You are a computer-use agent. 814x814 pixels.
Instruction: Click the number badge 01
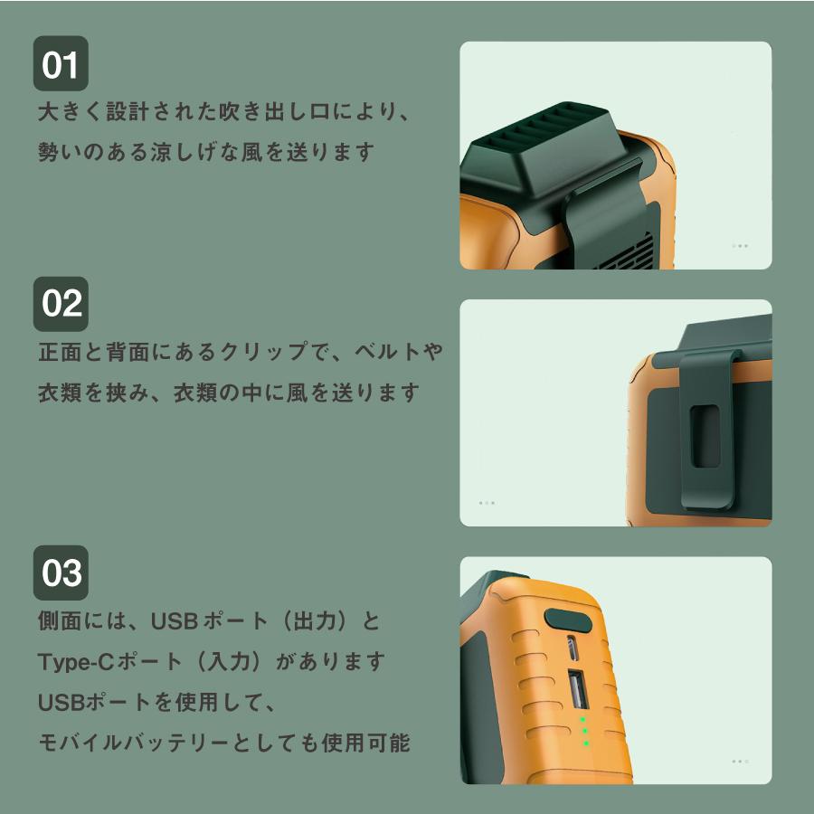(x=61, y=64)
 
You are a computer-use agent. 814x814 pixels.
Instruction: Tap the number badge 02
(x=61, y=304)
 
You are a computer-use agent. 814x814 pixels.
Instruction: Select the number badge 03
(x=61, y=573)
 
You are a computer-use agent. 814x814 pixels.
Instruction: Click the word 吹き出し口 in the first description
(x=277, y=112)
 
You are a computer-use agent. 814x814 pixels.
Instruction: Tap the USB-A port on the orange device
(x=577, y=690)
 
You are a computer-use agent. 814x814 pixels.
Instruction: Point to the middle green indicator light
(x=585, y=731)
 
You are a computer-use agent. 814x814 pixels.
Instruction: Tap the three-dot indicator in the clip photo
(x=487, y=503)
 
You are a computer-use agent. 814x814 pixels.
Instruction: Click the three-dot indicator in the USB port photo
(x=740, y=761)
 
